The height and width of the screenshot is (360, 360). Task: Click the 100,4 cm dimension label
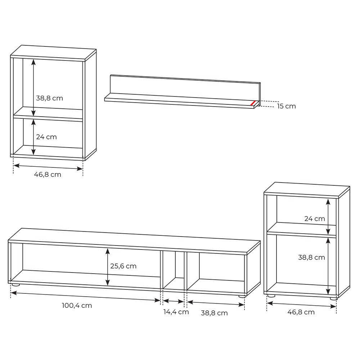click(x=77, y=306)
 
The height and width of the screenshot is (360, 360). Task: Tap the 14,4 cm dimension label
click(x=176, y=312)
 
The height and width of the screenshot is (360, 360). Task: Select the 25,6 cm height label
click(x=123, y=266)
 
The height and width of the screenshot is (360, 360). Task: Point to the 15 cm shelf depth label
click(x=286, y=106)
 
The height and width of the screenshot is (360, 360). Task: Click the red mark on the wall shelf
click(x=253, y=103)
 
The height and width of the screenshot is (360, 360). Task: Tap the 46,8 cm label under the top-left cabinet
click(x=48, y=175)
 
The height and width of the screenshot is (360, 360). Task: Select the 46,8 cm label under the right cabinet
click(x=301, y=312)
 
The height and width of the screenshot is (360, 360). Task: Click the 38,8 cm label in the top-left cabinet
click(x=49, y=98)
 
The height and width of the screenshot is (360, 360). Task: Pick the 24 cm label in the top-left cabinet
click(x=46, y=137)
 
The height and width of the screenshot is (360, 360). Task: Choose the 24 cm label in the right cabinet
click(x=315, y=219)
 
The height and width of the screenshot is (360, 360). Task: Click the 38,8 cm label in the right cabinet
click(x=311, y=257)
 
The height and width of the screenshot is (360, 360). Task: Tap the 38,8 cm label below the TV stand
click(x=214, y=313)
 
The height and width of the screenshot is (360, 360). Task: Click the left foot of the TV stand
click(x=16, y=285)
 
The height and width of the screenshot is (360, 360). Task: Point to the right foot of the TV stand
click(x=242, y=296)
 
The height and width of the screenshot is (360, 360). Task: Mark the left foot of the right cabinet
click(x=271, y=296)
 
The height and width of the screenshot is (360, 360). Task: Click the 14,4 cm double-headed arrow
click(x=174, y=301)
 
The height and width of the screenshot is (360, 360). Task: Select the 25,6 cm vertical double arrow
click(x=107, y=267)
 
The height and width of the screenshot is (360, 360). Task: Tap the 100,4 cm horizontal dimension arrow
click(x=86, y=296)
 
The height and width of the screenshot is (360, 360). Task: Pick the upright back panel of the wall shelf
click(x=185, y=88)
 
